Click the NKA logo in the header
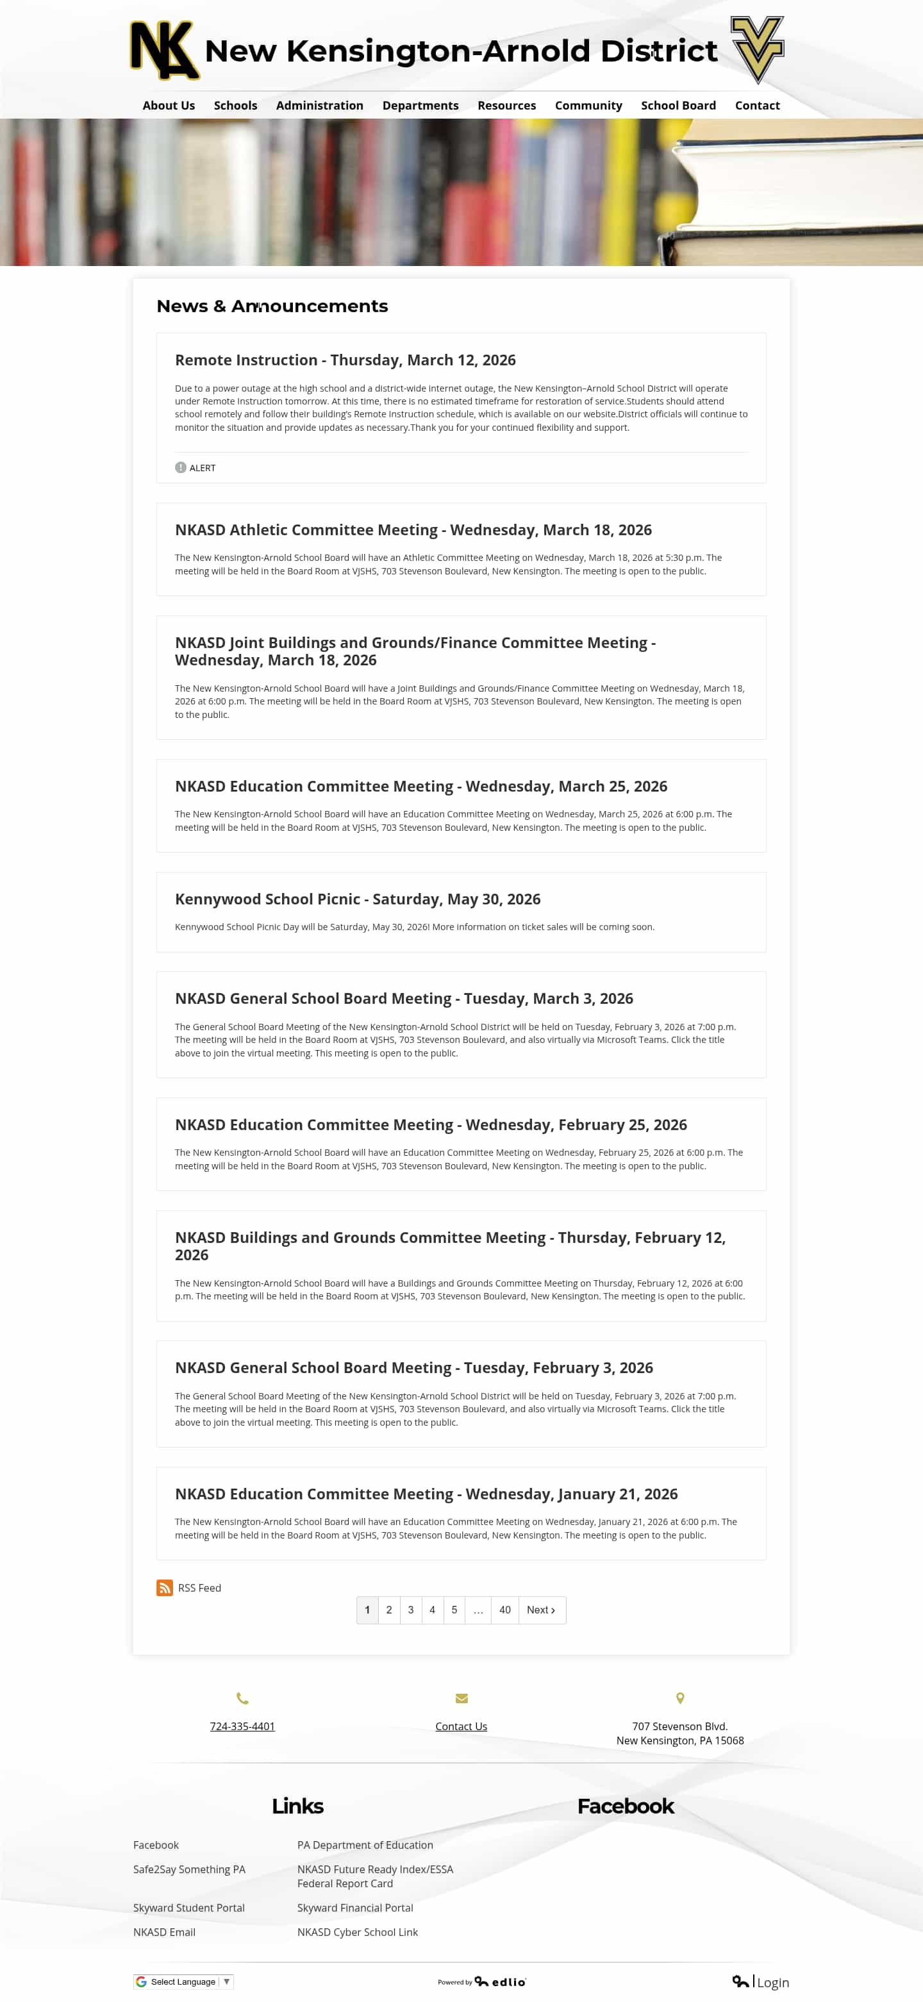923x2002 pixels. (164, 51)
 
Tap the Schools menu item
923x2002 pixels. (235, 106)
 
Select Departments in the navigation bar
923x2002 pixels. (420, 106)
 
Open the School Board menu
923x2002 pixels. (678, 106)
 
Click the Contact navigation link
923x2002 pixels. (757, 106)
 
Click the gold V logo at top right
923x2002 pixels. (757, 49)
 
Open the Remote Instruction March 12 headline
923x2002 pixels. (345, 360)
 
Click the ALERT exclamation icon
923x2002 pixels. (180, 468)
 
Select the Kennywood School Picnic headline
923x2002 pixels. (358, 899)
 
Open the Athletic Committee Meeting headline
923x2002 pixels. (413, 530)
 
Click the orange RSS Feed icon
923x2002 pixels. (165, 1588)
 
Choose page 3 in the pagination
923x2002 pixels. (411, 1610)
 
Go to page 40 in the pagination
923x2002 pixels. (504, 1610)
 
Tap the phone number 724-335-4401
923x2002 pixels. (242, 1726)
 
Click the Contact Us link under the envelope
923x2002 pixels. (461, 1726)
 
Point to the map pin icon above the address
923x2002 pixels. (680, 1698)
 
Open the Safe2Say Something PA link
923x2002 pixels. (189, 1869)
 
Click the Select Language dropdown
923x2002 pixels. (183, 1981)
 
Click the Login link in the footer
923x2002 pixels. (772, 1983)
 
